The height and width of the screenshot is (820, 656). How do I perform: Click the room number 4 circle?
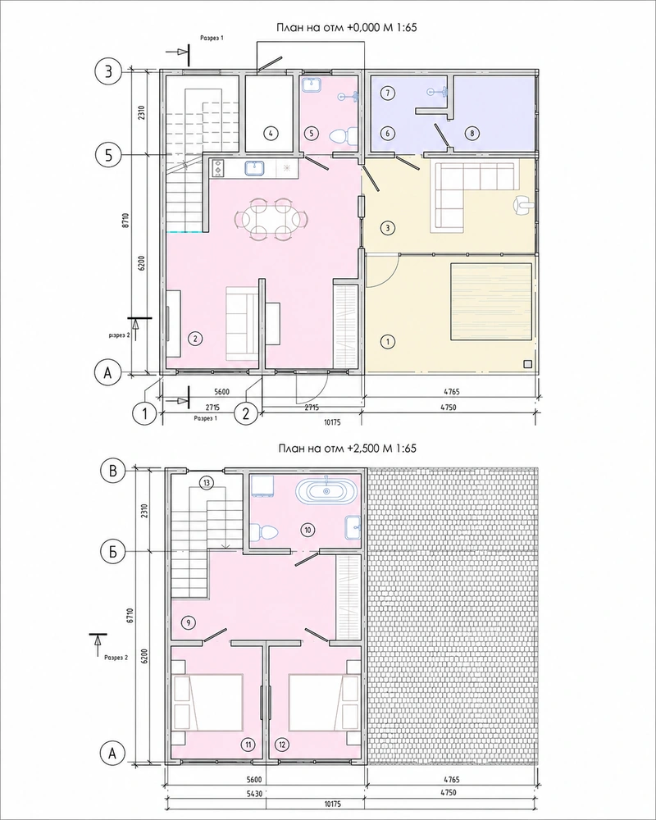point(271,134)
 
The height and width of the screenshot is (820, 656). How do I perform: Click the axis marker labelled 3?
point(108,71)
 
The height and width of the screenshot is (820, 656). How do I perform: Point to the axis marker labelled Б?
point(113,552)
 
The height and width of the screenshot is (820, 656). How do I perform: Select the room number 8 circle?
point(471,134)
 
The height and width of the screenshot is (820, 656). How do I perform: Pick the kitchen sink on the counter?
point(255,168)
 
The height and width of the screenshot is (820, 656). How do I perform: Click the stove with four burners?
point(217,168)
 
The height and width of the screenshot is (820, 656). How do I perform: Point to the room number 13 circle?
point(207,483)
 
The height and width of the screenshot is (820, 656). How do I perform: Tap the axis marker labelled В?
point(113,471)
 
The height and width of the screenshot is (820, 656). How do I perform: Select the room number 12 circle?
point(282,745)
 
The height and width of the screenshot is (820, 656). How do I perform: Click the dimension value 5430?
point(255,793)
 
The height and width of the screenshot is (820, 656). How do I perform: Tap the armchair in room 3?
point(523,204)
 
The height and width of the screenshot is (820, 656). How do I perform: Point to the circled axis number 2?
point(245,413)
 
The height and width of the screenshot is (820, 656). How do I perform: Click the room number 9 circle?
point(188,622)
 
